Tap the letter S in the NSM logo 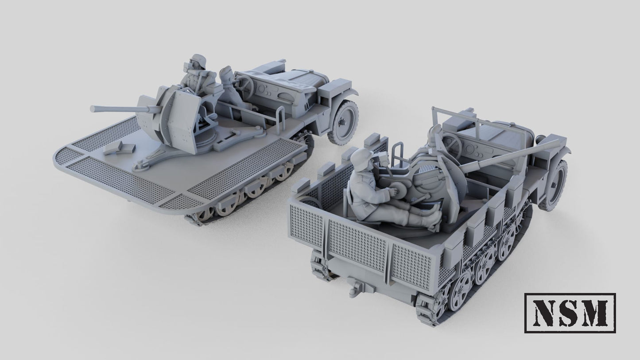(570, 313)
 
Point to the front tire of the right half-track (554, 185)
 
